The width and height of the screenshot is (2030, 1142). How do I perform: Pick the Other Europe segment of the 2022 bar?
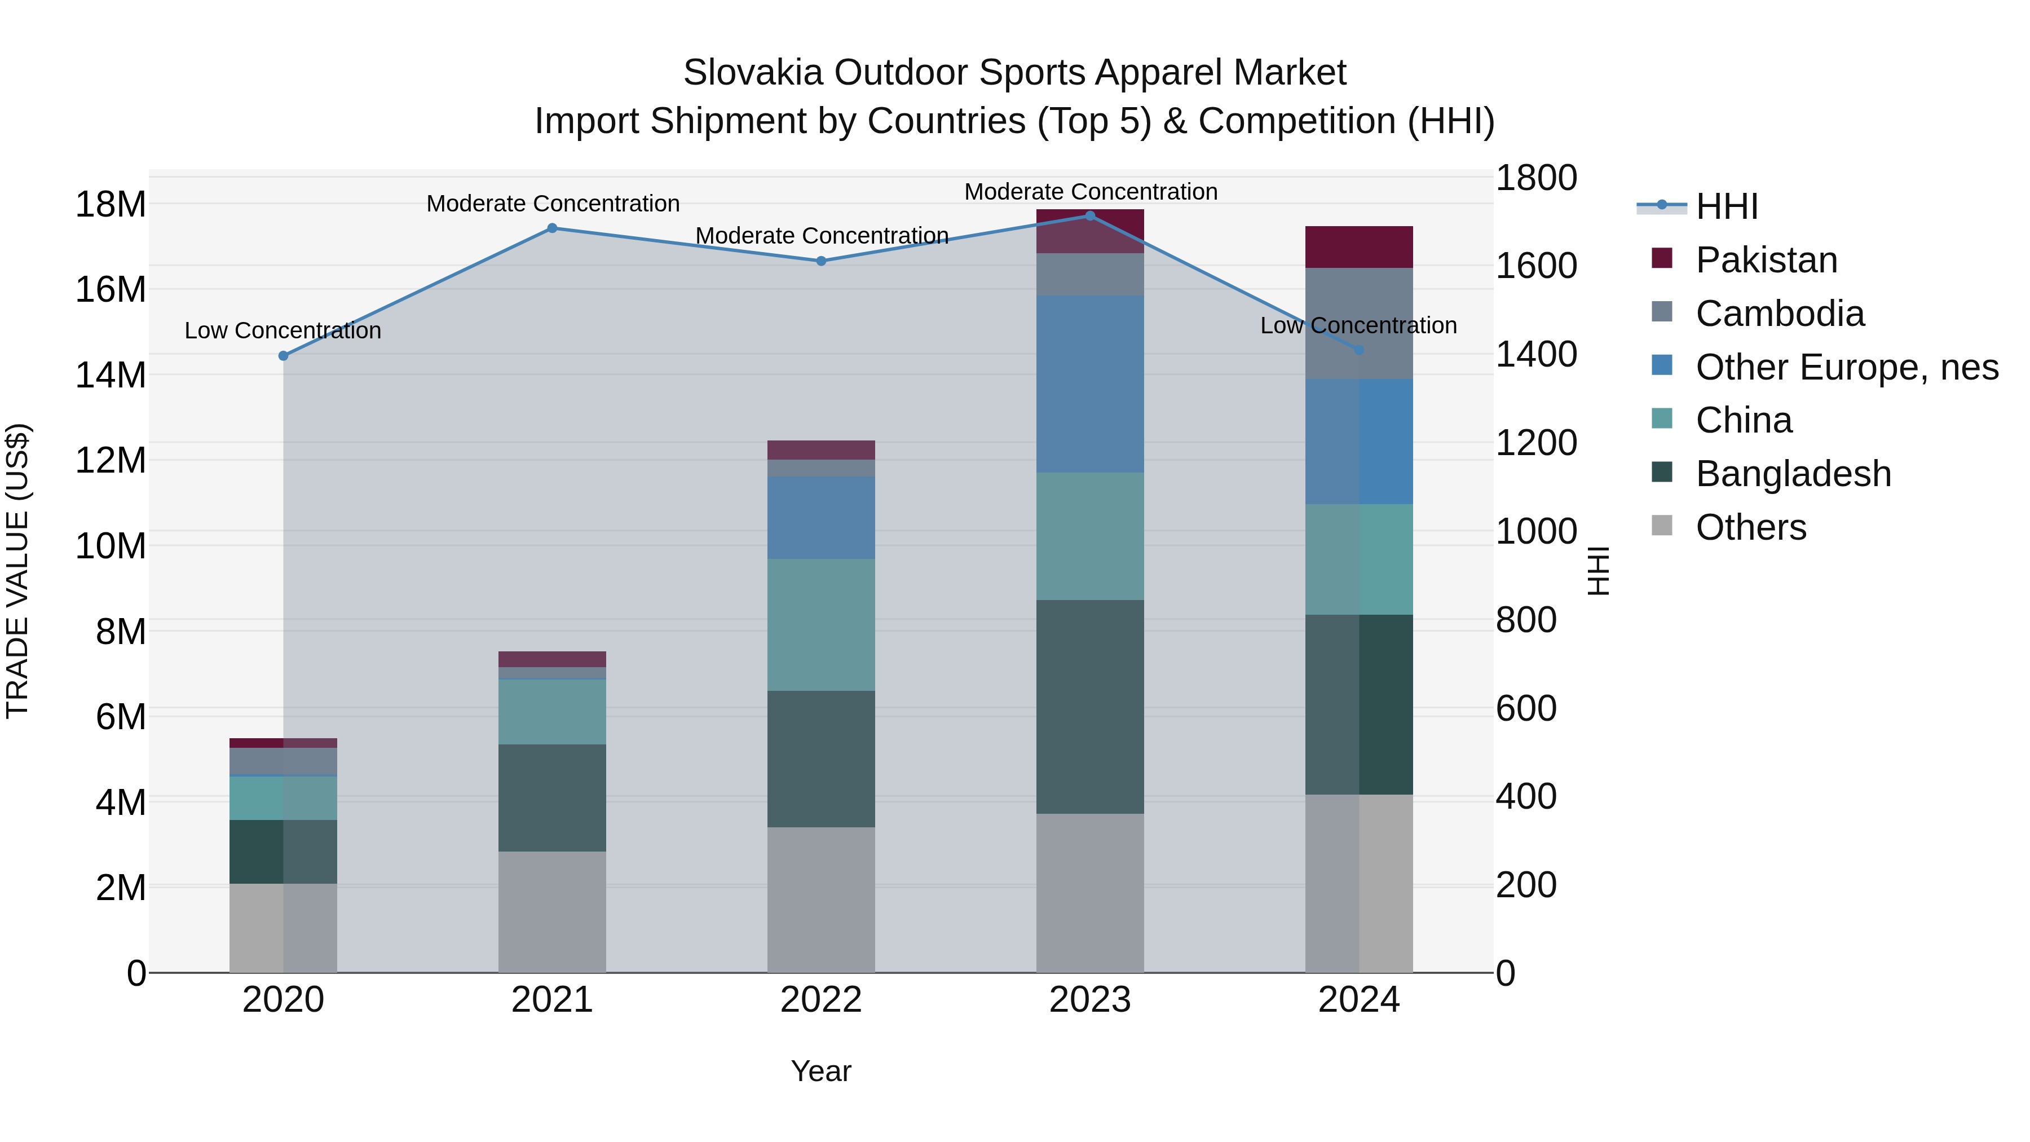tap(820, 517)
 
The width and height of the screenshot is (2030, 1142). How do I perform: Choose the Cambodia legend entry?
tap(1780, 314)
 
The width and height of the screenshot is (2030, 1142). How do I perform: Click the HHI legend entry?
tap(1726, 206)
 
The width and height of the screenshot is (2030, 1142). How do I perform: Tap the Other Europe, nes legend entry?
tap(1846, 367)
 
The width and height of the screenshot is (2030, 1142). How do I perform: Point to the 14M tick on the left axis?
tap(111, 375)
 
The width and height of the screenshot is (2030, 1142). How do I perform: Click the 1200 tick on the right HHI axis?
tap(1536, 443)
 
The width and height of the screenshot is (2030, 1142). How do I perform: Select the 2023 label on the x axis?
tap(1090, 1000)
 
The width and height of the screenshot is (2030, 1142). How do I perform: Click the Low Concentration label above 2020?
tap(283, 330)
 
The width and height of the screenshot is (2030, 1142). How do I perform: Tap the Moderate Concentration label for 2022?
tap(821, 236)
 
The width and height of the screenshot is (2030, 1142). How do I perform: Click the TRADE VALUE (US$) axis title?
tap(17, 571)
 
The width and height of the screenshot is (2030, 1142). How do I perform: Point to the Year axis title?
tap(820, 1071)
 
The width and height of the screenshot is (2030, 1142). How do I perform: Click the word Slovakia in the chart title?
tap(753, 73)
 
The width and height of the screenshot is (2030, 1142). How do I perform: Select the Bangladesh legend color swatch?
tap(1661, 472)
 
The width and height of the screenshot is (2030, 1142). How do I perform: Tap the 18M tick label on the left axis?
tap(111, 205)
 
